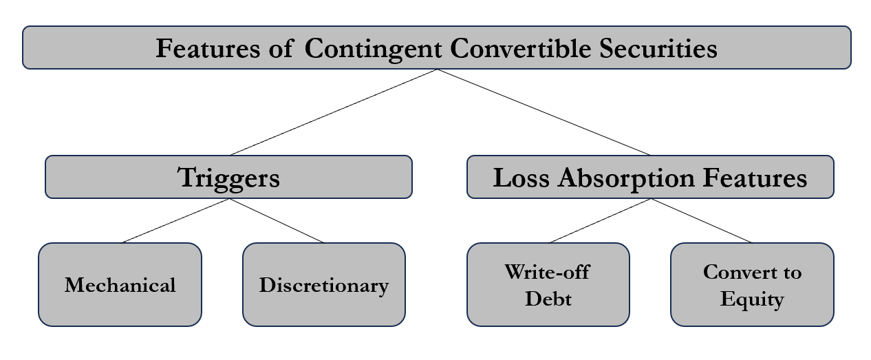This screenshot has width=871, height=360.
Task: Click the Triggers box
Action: [x=228, y=177]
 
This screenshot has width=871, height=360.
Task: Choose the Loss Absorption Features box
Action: [x=649, y=177]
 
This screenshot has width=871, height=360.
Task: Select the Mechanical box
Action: [x=120, y=284]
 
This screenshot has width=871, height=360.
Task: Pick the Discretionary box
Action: [x=323, y=284]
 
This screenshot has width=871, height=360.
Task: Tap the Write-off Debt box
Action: [x=548, y=284]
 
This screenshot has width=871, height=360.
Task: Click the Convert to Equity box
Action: [x=752, y=284]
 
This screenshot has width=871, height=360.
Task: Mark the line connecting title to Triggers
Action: [x=334, y=112]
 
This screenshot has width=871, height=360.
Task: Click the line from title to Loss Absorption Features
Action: [x=544, y=112]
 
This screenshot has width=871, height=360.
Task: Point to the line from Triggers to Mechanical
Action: [x=175, y=221]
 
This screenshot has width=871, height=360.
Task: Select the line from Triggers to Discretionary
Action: [x=275, y=221]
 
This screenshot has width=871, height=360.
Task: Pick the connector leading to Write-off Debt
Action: [x=600, y=221]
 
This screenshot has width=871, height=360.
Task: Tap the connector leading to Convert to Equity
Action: [x=702, y=221]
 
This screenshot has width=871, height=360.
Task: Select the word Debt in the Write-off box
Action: [x=548, y=299]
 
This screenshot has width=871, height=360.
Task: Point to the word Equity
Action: [x=752, y=299]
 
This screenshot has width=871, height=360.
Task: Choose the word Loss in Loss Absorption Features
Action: [x=522, y=178]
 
